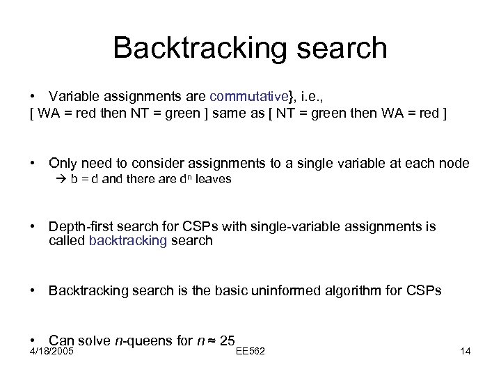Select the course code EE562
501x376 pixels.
(251, 351)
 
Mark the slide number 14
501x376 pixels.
(466, 351)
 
